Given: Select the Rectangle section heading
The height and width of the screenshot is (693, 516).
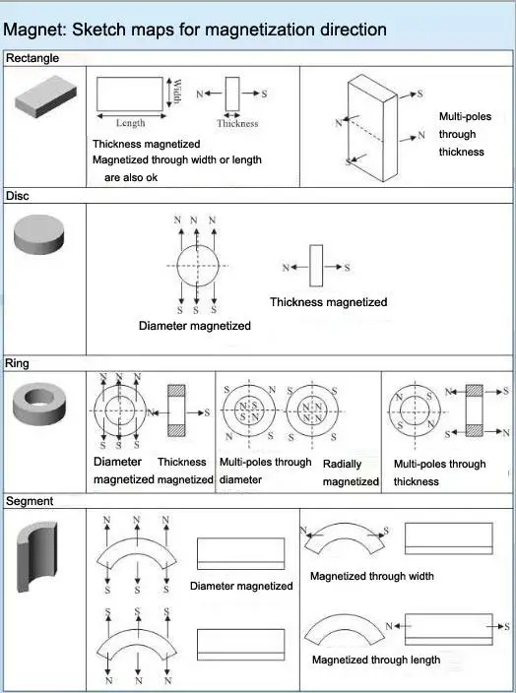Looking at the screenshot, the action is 32,58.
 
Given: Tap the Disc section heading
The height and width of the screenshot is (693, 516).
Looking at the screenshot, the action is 18,195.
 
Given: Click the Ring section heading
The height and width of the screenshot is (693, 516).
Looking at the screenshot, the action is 17,363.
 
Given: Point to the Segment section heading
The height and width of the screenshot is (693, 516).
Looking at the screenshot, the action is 30,501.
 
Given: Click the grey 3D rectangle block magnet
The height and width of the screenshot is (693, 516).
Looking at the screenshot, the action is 45,95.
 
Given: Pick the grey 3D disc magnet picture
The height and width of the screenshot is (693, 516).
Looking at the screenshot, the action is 39,234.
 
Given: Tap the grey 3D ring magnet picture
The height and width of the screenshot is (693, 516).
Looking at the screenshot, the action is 39,403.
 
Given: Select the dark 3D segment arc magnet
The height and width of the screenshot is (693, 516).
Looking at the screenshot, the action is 37,556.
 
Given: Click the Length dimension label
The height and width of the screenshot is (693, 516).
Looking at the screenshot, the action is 130,123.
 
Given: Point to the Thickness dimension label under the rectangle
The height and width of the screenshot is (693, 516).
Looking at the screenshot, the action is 237,124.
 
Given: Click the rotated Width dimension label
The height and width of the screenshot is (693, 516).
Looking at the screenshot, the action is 176,92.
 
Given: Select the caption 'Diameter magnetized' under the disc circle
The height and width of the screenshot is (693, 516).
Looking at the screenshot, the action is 195,326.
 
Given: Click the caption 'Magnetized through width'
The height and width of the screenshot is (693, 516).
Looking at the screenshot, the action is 372,576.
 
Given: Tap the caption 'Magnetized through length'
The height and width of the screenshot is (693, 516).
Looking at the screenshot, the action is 376,660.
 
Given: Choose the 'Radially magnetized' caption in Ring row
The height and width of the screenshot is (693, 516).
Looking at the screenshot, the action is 351,472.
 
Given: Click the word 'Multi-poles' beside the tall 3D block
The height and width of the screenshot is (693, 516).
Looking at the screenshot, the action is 465,117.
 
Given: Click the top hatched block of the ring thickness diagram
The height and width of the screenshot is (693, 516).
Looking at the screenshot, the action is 176,391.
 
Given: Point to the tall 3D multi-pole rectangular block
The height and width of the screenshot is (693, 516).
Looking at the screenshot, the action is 372,128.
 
